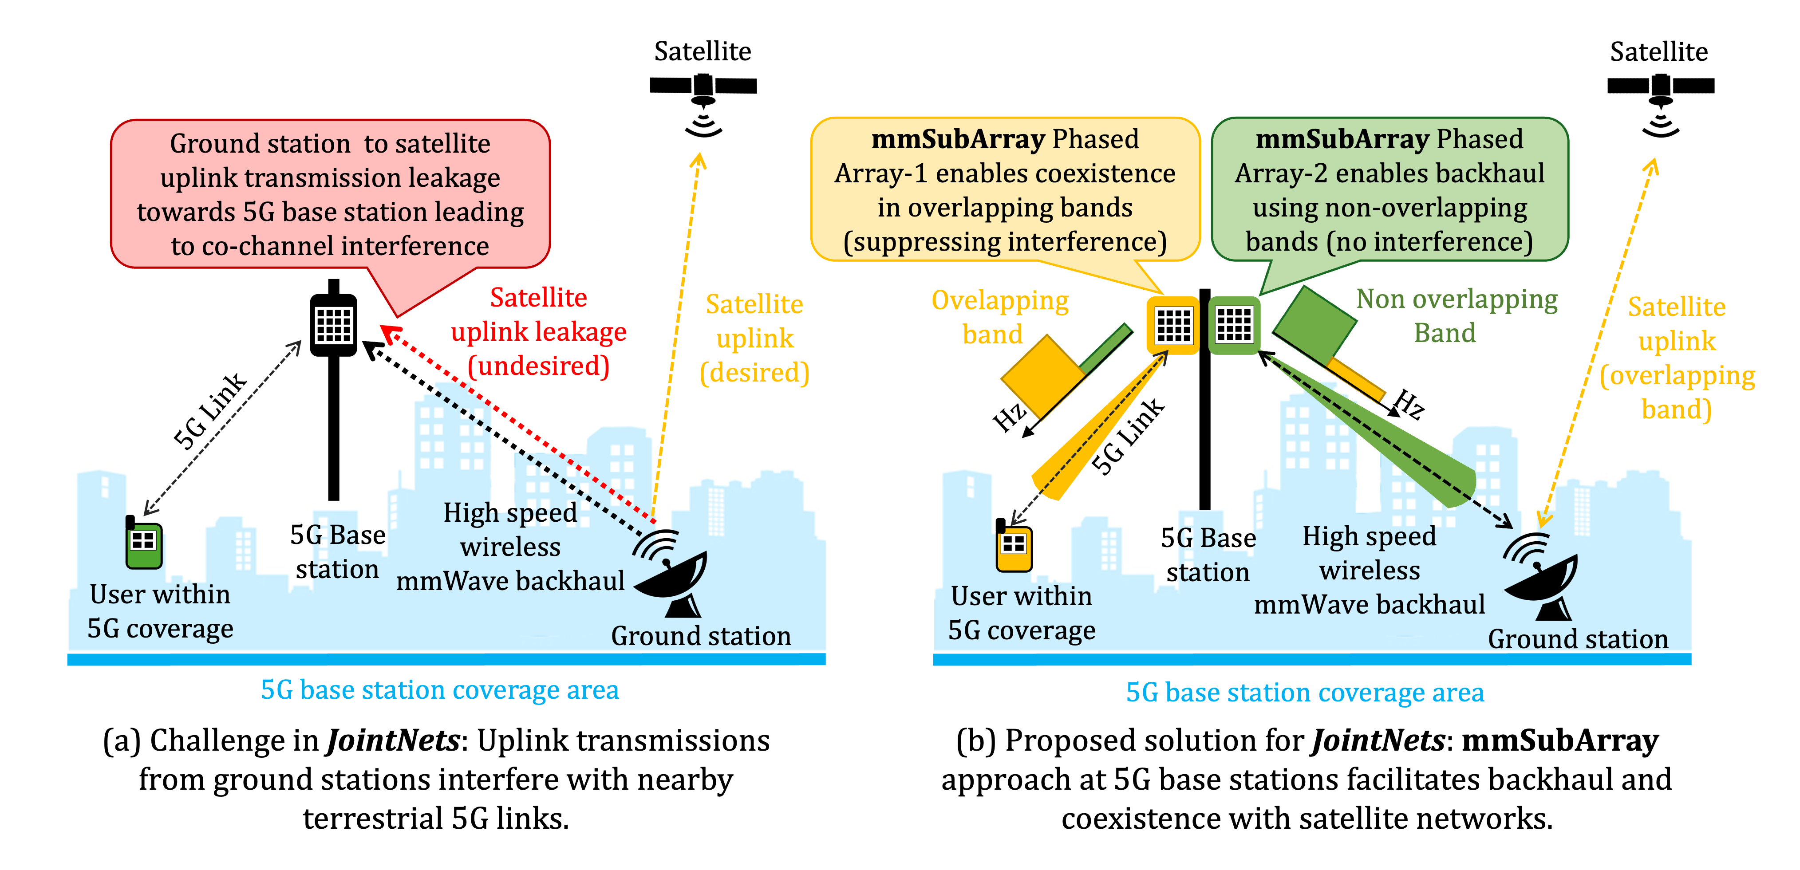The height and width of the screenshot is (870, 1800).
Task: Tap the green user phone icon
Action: click(x=144, y=543)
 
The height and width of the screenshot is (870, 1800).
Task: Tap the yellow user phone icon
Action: click(x=1014, y=546)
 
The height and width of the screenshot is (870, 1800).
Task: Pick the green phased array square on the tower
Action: click(x=1234, y=325)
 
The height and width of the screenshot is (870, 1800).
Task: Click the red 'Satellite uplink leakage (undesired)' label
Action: click(x=538, y=331)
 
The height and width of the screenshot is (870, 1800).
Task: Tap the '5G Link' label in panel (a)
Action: click(x=209, y=411)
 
